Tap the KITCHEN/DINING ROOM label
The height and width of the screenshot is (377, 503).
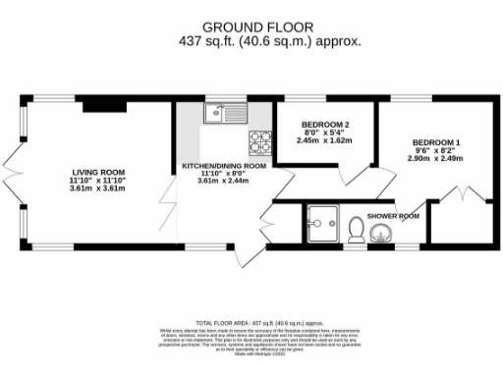224,166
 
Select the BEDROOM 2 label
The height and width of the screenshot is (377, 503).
324,124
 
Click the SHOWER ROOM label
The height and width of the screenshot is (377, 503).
393,215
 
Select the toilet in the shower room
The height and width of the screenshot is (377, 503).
357,230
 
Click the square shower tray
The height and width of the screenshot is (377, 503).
321,223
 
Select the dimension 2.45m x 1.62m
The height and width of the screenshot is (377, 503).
324,139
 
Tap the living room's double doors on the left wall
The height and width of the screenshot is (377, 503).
14,172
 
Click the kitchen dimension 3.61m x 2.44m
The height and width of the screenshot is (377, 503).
224,182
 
